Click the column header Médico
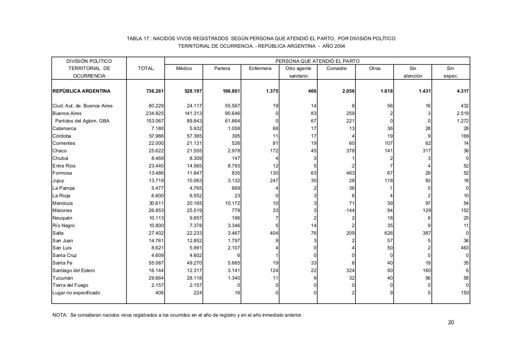pos(184,68)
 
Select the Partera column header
pos(222,68)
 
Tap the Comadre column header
pos(336,68)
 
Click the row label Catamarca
pos(64,128)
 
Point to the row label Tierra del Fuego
pos(70,285)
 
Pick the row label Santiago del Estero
pos(74,270)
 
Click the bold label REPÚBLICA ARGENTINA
pos(82,91)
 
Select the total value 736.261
pos(155,91)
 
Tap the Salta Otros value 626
pos(388,233)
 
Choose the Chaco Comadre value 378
pos(350,151)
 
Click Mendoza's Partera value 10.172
pos(231,203)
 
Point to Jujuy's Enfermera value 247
pos(274,181)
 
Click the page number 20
pos(451,322)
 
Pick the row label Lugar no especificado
pos(76,293)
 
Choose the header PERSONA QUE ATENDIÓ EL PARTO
pos(317,61)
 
